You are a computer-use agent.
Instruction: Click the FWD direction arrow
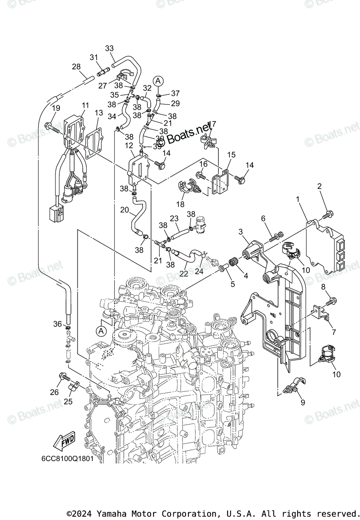click(63, 442)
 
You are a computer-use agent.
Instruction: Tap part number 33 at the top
click(109, 48)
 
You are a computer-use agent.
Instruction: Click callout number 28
click(76, 67)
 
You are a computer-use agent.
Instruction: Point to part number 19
click(56, 108)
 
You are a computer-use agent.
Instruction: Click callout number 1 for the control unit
click(298, 199)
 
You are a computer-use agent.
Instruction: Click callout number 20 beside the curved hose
click(124, 210)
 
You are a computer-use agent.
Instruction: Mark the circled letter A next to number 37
click(159, 81)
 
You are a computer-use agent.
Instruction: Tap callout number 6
click(263, 219)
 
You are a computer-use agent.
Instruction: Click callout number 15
click(231, 155)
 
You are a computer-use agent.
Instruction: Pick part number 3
click(240, 233)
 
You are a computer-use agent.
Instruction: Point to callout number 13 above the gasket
click(99, 113)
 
